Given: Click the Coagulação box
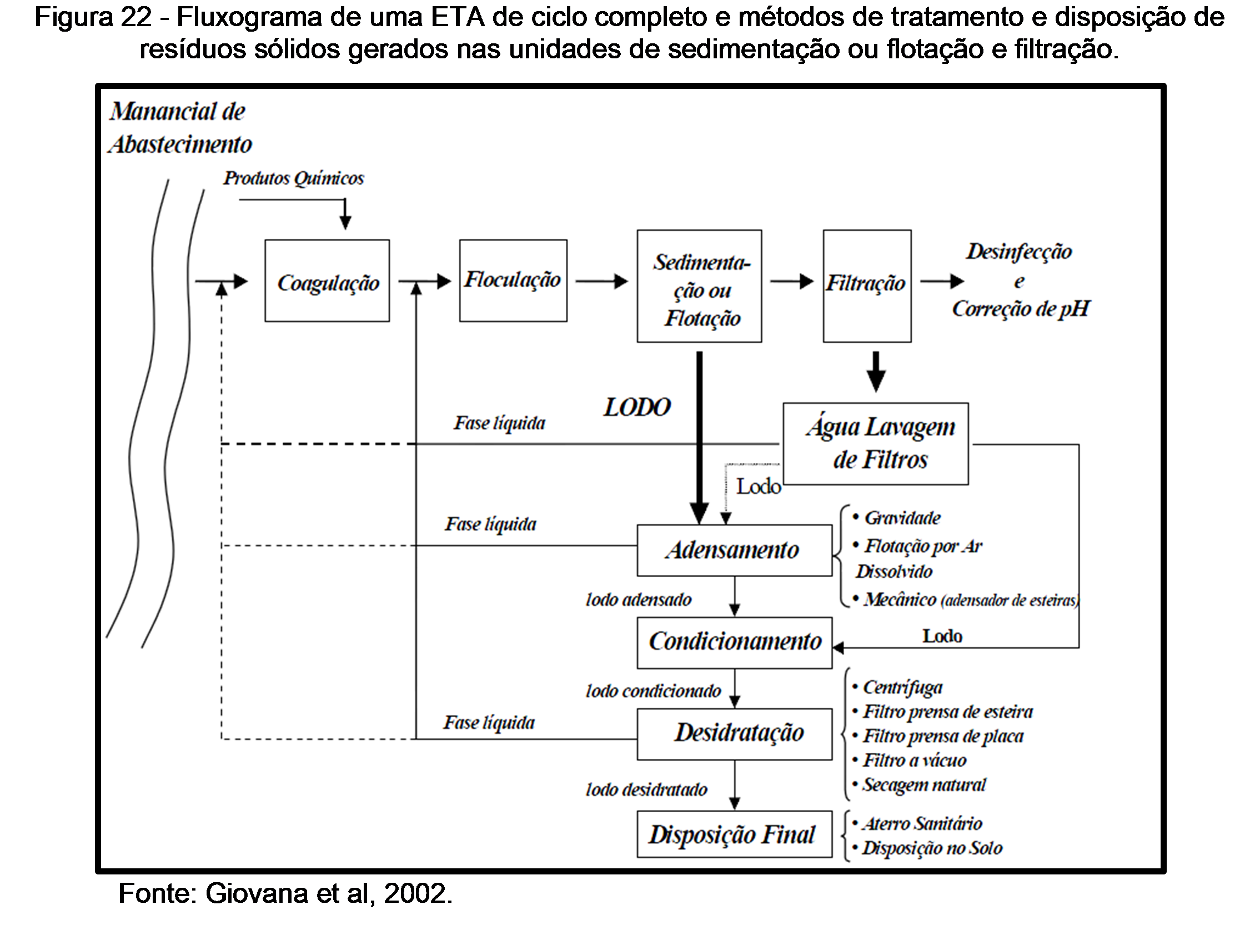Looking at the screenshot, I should pos(327,281).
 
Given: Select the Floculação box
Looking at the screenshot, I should pos(513,281).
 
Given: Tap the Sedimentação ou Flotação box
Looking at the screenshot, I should pos(699,286).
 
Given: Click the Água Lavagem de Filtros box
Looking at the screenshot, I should pos(876,443).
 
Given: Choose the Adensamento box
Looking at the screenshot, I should pos(734,550).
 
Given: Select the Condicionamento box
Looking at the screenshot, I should pos(734,642).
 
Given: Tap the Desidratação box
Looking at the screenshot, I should pos(734,733).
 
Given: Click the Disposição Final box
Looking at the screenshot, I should pos(734,834).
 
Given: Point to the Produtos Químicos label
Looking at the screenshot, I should pos(294,179).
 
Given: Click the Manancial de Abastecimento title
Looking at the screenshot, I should pos(180,128).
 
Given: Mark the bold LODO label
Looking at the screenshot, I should pos(637,408).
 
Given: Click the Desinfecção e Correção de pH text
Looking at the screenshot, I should pos(1020,281).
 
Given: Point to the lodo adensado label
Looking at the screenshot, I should pos(639,600).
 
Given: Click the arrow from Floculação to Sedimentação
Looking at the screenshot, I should pos(601,281).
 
